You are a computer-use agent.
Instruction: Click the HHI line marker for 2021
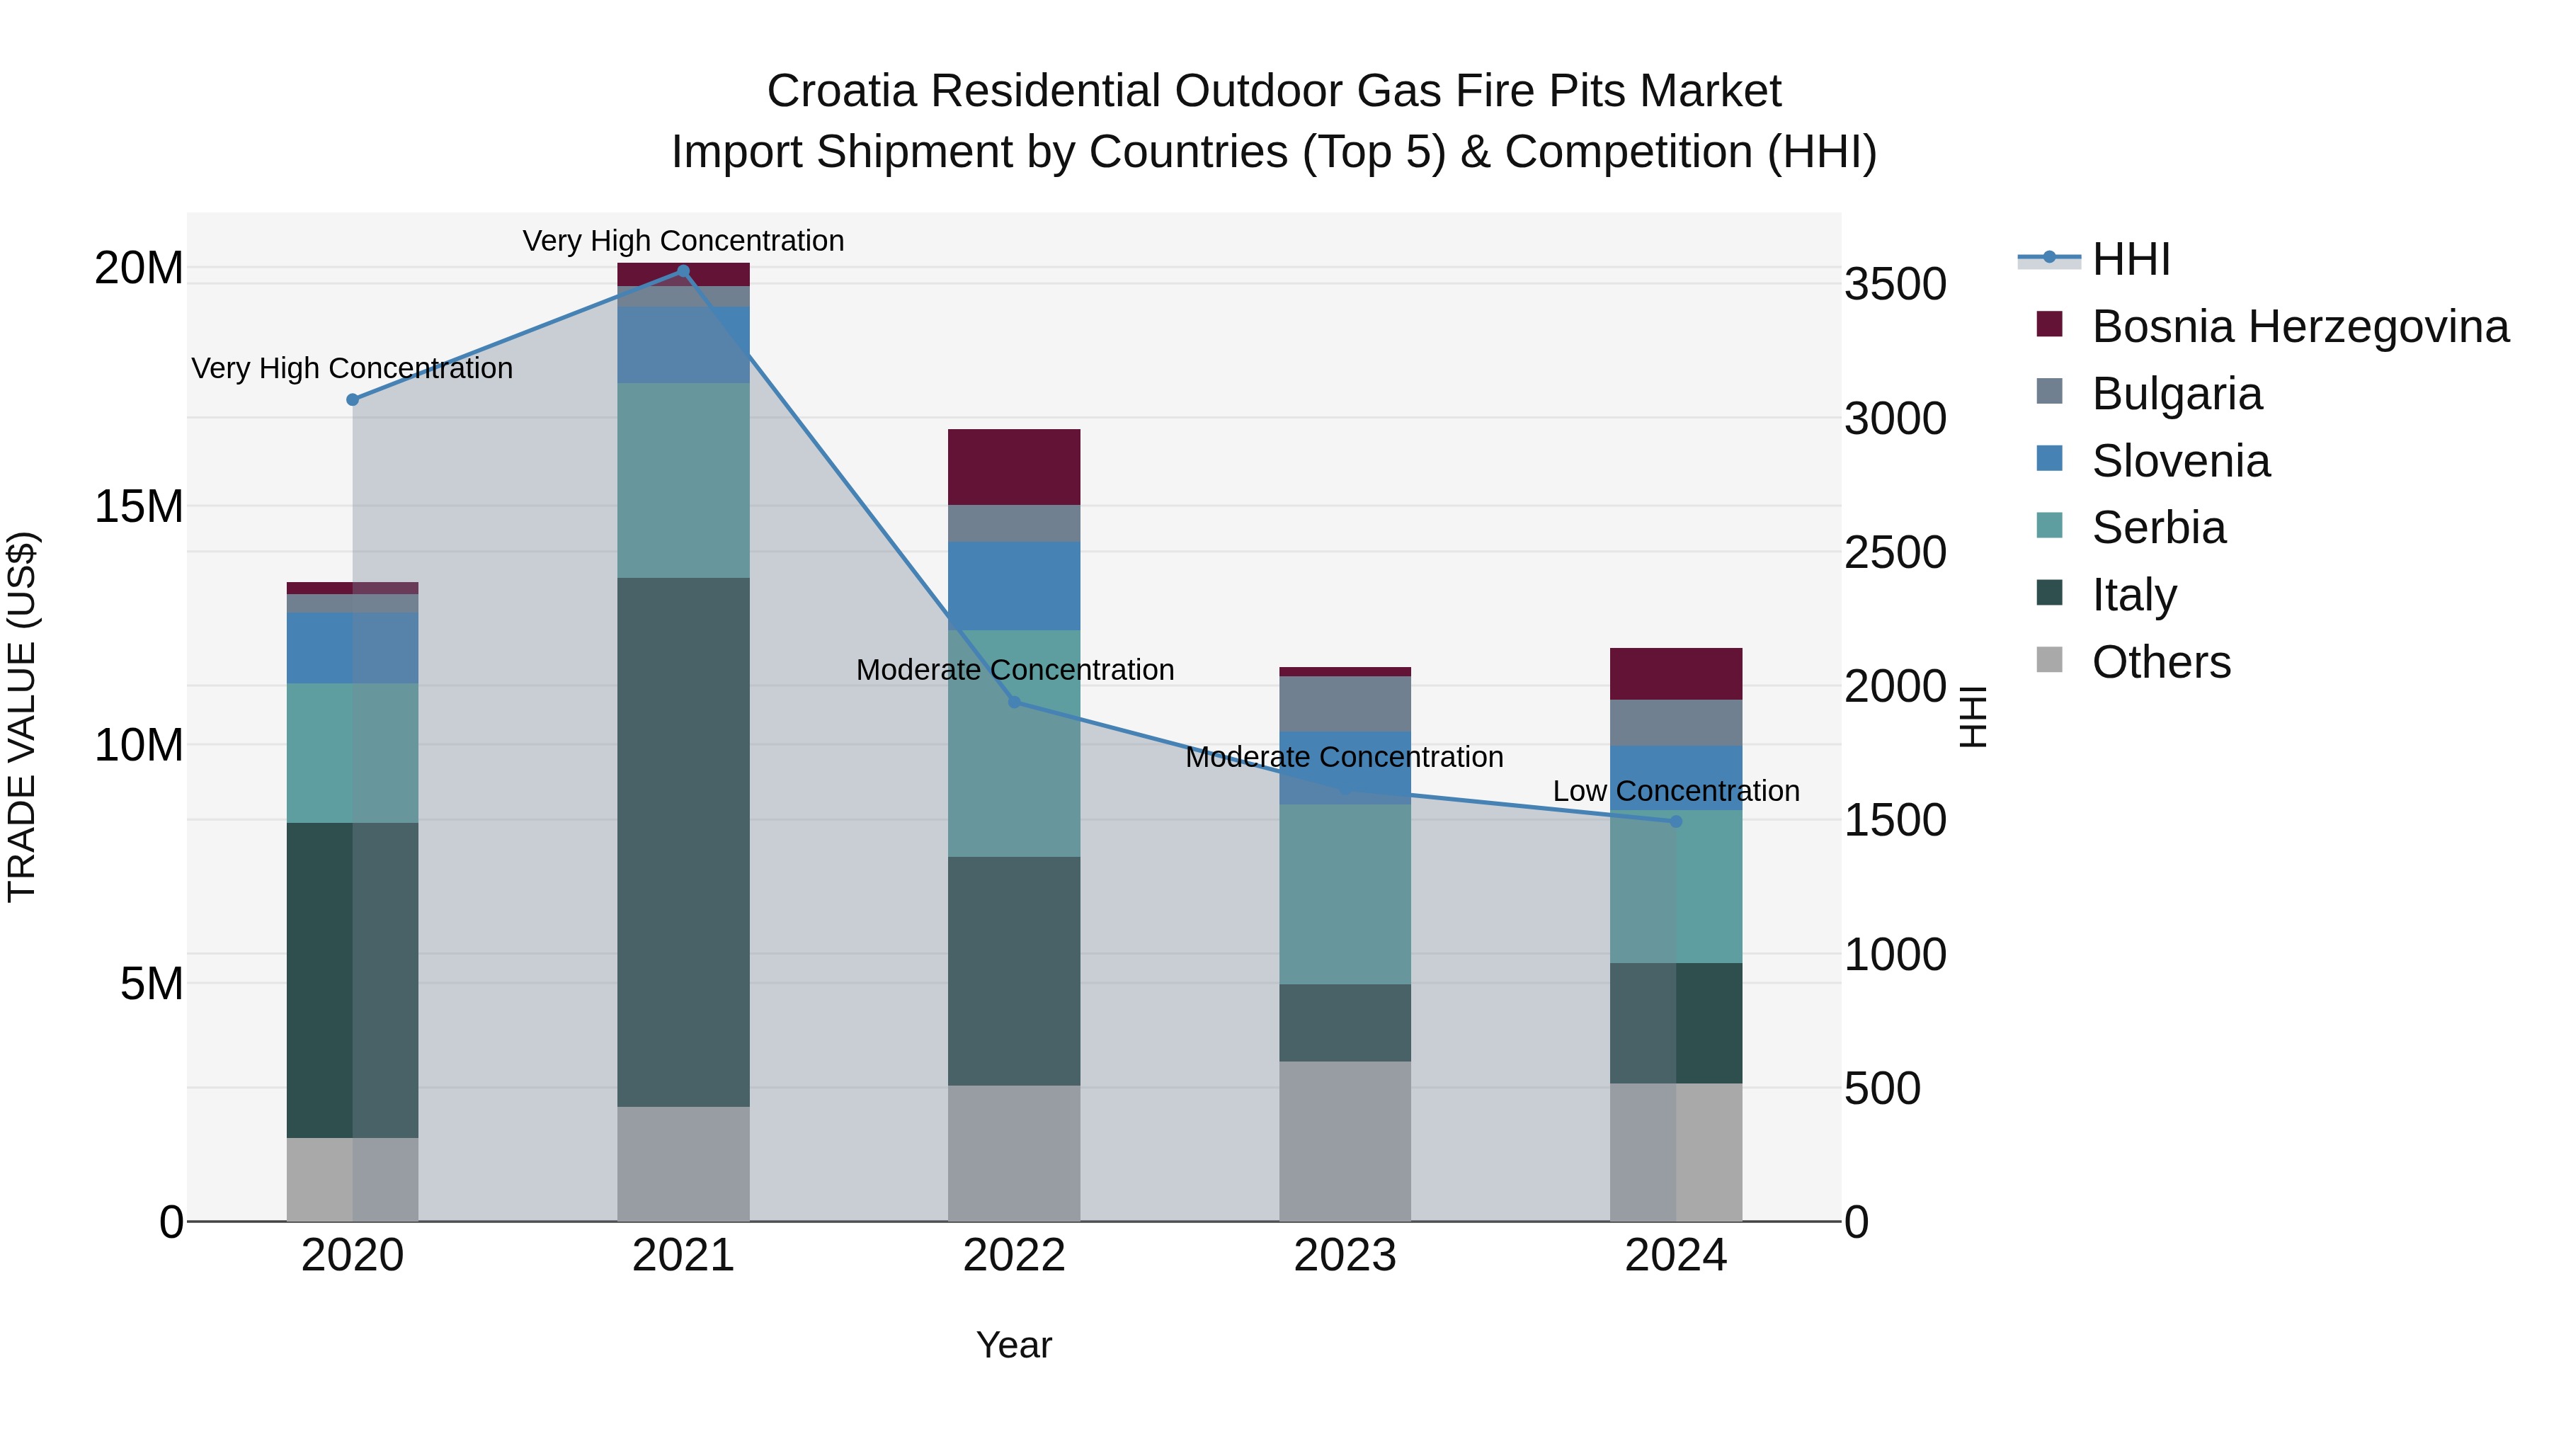tap(683, 271)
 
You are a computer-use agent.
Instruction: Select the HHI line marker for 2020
tap(353, 400)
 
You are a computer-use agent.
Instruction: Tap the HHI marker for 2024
tap(1676, 821)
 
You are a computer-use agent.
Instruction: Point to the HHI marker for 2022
tap(1014, 702)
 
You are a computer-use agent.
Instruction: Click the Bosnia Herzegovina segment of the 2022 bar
tap(1014, 467)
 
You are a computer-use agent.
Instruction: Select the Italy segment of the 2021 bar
tap(683, 841)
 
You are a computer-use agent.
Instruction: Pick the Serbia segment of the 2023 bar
tap(1345, 894)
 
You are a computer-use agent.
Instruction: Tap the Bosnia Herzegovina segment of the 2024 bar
tap(1676, 674)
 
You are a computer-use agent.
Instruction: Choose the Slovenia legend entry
tap(2181, 461)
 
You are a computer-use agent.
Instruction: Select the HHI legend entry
tap(2131, 259)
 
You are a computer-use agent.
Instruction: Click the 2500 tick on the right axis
tap(1895, 552)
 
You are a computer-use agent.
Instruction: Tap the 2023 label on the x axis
tap(1345, 1256)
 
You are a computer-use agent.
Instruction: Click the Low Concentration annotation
tap(1675, 791)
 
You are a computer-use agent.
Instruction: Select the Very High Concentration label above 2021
tap(683, 241)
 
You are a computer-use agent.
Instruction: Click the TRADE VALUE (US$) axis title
tap(22, 717)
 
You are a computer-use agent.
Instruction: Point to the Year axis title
tap(1014, 1345)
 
